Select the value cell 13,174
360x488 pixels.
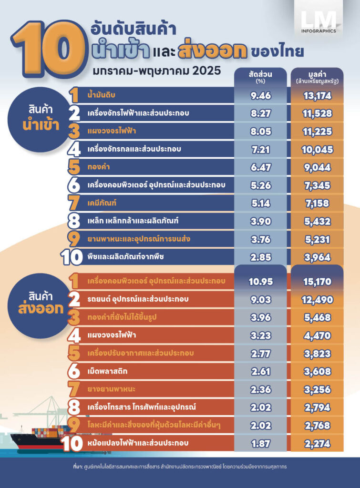tap(316, 96)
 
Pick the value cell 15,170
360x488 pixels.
tap(316, 281)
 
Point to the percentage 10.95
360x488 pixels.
tap(260, 281)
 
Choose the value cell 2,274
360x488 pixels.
tap(316, 443)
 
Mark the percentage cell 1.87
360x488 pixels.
tap(260, 443)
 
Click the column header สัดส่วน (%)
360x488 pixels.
tap(260, 76)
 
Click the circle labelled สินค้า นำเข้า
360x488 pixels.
tap(44, 117)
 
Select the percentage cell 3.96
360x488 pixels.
tap(260, 317)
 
